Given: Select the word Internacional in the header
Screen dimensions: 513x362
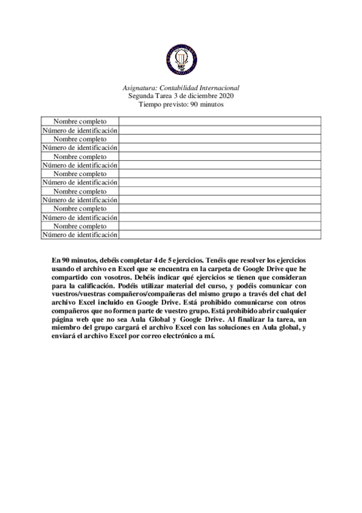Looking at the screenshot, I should click(219, 88).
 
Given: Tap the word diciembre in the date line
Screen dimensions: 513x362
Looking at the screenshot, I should click(200, 96).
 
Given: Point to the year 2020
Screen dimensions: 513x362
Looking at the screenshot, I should click(225, 96).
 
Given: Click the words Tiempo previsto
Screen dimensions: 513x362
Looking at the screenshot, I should click(160, 104).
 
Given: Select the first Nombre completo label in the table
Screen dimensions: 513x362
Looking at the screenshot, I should click(80, 122).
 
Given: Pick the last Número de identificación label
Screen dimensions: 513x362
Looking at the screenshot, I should click(80, 235).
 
